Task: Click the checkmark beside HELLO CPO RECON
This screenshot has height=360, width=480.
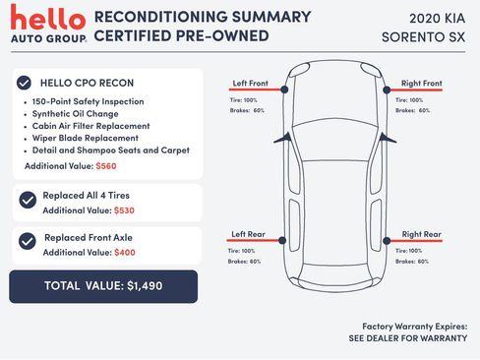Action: point(27,83)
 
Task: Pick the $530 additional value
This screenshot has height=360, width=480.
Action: point(124,210)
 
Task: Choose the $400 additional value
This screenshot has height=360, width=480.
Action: point(124,253)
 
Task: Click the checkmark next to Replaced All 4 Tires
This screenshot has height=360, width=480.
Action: point(29,202)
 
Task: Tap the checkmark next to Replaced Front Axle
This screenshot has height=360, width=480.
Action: point(29,244)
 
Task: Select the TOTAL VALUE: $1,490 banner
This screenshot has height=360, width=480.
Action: point(103,286)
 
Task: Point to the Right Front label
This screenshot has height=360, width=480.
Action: point(421,83)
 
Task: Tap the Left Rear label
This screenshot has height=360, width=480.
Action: point(247,234)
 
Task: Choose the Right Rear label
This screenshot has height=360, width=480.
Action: point(421,234)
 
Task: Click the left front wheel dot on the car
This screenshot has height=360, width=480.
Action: point(284,90)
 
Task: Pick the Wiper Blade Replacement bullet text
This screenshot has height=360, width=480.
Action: point(85,139)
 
